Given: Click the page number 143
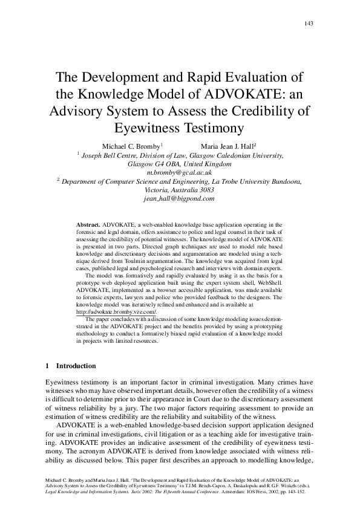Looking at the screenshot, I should tap(309, 24).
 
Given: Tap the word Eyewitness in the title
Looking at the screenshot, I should tap(148, 128).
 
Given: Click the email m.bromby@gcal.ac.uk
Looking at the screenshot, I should tap(180, 172).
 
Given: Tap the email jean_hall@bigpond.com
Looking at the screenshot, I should tap(180, 198).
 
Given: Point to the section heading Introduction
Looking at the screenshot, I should tap(76, 366).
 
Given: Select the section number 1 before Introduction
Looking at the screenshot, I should tap(48, 366).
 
